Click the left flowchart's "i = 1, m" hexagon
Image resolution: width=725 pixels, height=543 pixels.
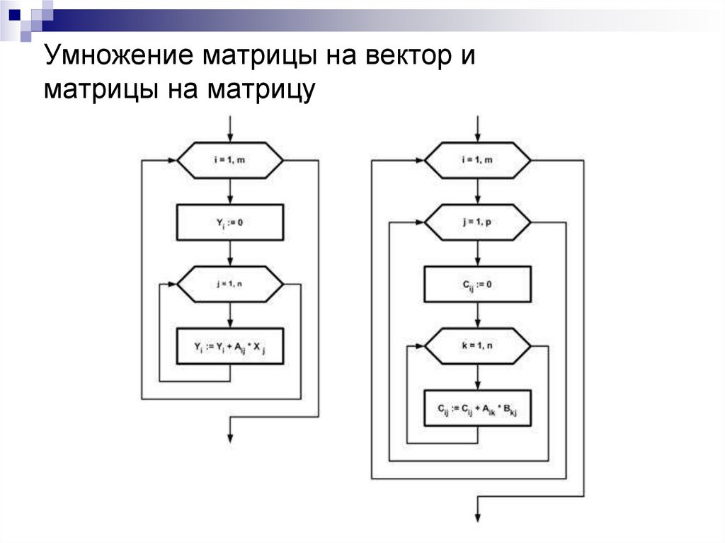(x=229, y=161)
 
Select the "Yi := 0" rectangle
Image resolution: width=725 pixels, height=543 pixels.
(x=229, y=222)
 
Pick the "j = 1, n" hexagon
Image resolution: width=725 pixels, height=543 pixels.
(x=229, y=284)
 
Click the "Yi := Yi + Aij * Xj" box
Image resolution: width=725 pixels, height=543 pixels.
(x=229, y=346)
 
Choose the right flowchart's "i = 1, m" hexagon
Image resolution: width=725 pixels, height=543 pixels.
(x=477, y=161)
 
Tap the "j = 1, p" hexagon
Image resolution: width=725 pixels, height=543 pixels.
(x=477, y=222)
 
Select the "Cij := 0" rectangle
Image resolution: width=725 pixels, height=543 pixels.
(x=477, y=284)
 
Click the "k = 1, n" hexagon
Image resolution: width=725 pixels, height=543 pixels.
(x=477, y=346)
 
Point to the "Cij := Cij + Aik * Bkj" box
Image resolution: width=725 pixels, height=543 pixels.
(x=477, y=408)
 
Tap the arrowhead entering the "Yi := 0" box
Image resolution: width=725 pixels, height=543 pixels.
(x=229, y=200)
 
